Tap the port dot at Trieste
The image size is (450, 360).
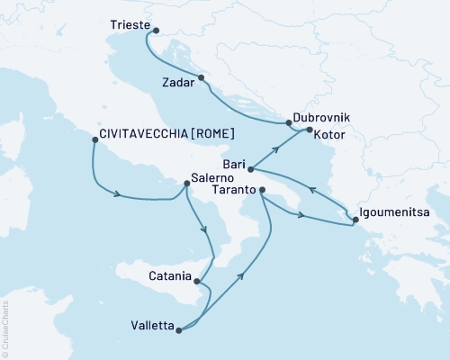coord(155,31)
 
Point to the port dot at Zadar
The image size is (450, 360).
coord(202,77)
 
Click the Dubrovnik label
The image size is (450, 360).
coord(321,118)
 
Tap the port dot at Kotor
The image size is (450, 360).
coord(309,131)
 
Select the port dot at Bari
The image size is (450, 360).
coord(250,169)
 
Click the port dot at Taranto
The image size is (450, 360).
coord(262,190)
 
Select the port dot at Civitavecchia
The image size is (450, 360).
coord(94,139)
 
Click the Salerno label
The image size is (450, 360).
coord(214,178)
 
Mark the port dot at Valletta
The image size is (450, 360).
coord(179,330)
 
